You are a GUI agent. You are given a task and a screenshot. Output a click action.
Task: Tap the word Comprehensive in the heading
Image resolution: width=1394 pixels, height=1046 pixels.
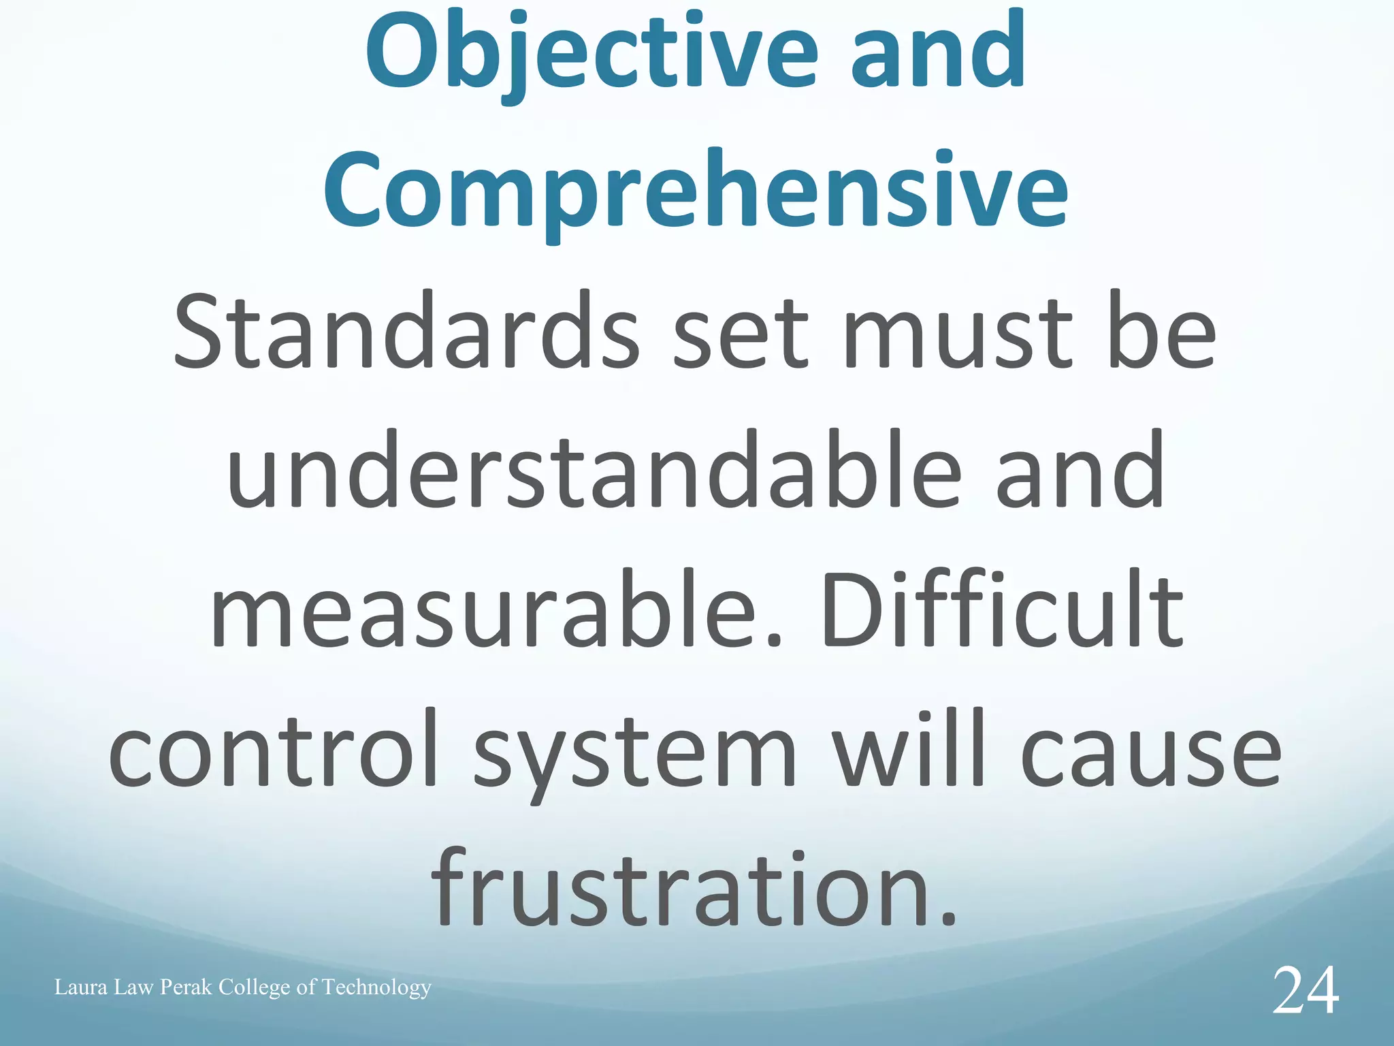pyautogui.click(x=696, y=191)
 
